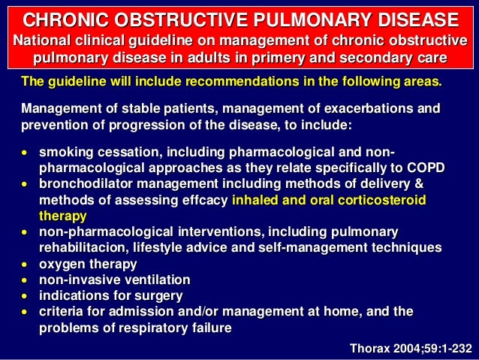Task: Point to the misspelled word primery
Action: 279,58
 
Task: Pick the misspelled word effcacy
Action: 205,199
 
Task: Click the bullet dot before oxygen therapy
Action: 26,264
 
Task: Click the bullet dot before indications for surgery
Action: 26,295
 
